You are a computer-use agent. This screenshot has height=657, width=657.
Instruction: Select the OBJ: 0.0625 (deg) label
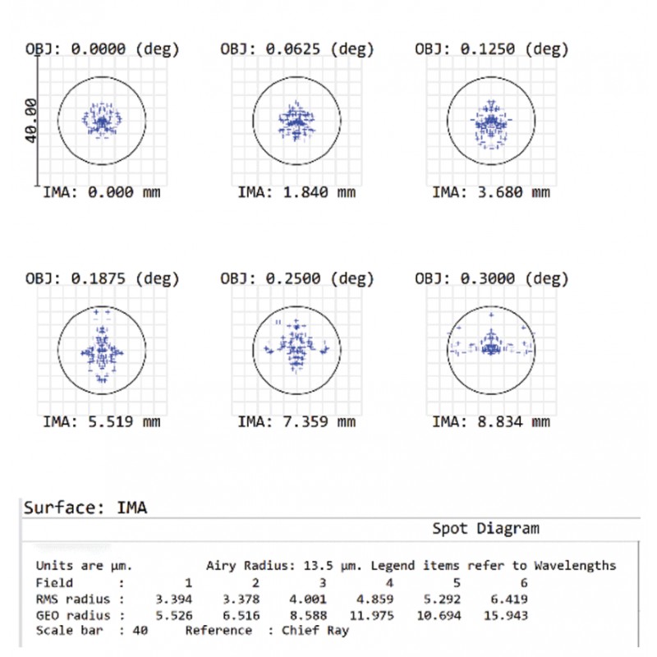pyautogui.click(x=296, y=48)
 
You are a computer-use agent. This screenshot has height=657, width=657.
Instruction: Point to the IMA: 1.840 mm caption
pyautogui.click(x=296, y=193)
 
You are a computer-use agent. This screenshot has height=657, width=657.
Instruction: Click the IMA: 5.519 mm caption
pyautogui.click(x=101, y=422)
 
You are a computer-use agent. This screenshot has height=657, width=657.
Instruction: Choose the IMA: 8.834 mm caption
pyautogui.click(x=491, y=422)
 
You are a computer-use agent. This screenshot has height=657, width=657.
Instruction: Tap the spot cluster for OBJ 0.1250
pyautogui.click(x=491, y=123)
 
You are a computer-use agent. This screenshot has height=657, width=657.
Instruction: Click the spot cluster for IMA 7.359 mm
pyautogui.click(x=296, y=349)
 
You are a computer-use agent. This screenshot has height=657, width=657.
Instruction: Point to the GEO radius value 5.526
pyautogui.click(x=172, y=614)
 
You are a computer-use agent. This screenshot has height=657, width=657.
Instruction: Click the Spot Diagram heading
pyautogui.click(x=486, y=529)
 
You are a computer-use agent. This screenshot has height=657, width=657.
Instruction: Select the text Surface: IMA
pyautogui.click(x=85, y=508)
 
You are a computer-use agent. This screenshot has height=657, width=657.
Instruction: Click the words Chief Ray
pyautogui.click(x=315, y=630)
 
